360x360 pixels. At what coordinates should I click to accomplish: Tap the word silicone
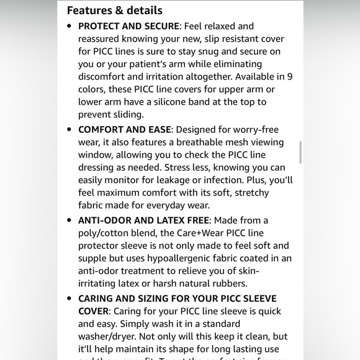coord(180,102)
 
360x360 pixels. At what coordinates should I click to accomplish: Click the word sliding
coord(126,114)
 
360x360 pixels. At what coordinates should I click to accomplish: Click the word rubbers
coord(227,284)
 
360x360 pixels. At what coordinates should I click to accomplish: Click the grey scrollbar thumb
coord(300,152)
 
